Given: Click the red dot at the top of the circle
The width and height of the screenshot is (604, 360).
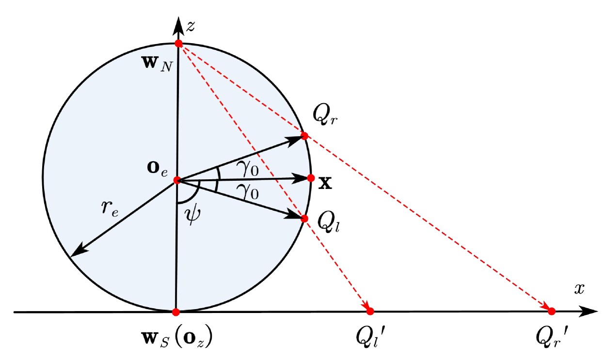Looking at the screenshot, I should (178, 44).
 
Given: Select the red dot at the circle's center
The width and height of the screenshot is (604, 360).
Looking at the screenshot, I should (177, 180).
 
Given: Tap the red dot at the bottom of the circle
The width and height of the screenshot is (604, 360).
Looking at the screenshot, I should (176, 313).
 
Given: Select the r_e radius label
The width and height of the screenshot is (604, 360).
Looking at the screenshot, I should (110, 208).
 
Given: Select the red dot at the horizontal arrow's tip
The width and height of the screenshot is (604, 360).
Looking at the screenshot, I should (311, 178).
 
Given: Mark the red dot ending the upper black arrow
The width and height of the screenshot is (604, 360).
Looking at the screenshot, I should (304, 136).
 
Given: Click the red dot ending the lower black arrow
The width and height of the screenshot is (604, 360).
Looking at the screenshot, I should (304, 219).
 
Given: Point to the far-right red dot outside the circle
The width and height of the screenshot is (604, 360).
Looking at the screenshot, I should (551, 311).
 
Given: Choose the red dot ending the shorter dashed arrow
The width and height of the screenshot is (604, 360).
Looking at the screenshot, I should (370, 312).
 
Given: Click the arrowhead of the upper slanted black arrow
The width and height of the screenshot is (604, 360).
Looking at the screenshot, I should (296, 140).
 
